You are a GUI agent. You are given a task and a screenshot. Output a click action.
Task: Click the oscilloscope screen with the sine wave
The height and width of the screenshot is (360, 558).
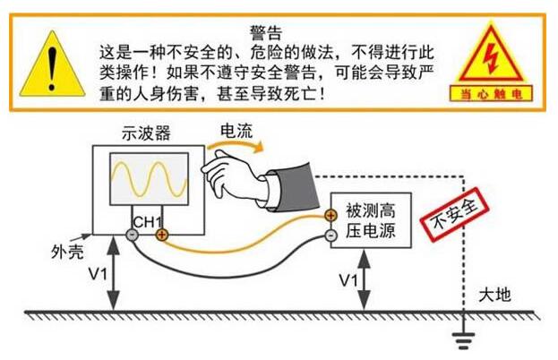tap(149, 178)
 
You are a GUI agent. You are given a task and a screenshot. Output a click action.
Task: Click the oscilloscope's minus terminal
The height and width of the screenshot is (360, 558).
tap(132, 235)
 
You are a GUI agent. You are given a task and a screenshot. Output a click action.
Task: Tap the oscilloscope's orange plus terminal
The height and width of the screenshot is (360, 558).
tap(161, 235)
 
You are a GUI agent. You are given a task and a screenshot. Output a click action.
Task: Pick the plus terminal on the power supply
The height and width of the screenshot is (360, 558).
tap(331, 215)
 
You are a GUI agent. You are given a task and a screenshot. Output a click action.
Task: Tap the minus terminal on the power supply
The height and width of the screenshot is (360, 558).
tap(331, 235)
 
